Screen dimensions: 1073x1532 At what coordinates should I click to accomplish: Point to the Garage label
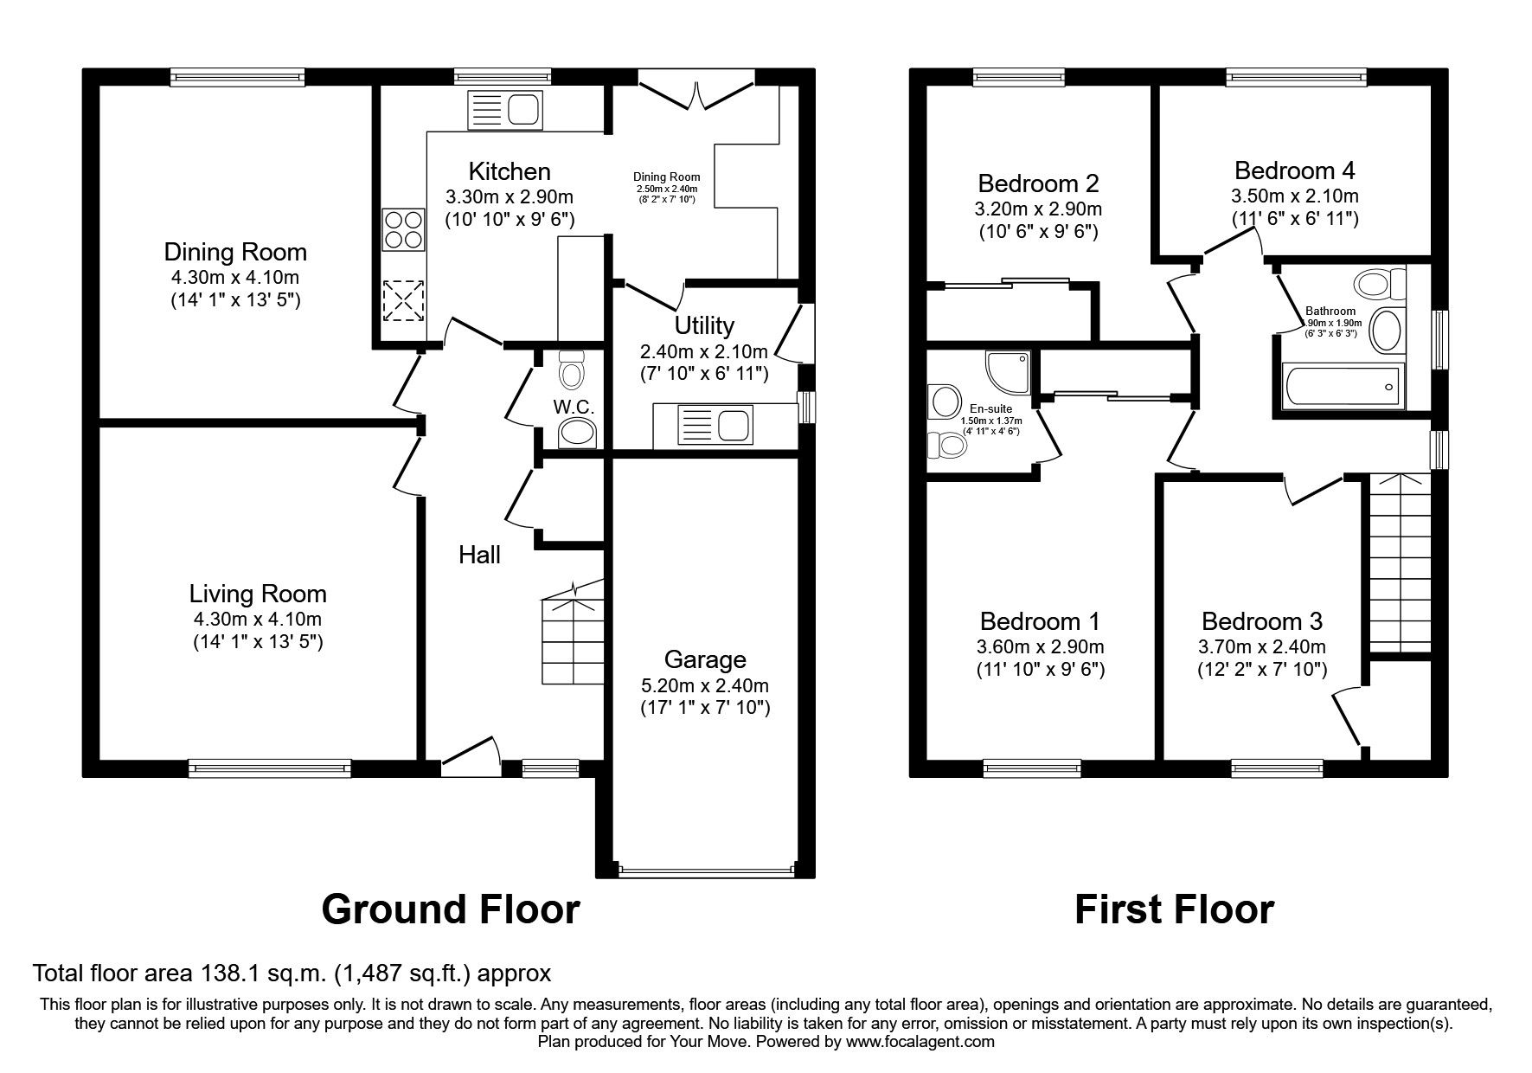704,660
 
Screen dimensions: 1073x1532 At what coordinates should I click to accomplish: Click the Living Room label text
258,594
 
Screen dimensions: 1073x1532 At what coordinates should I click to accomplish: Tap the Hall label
479,555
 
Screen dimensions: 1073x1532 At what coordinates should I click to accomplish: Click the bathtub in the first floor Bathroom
1341,387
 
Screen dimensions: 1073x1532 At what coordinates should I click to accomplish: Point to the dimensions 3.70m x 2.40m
1261,647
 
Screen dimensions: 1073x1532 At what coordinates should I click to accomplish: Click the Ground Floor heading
450,910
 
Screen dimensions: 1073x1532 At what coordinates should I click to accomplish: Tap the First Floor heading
1174,910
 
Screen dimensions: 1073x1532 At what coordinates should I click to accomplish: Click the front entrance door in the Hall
471,750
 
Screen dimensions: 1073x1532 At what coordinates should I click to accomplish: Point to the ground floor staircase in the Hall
571,636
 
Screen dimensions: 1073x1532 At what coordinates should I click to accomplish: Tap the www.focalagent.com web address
920,1042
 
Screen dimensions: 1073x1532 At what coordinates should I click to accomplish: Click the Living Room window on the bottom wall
270,766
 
